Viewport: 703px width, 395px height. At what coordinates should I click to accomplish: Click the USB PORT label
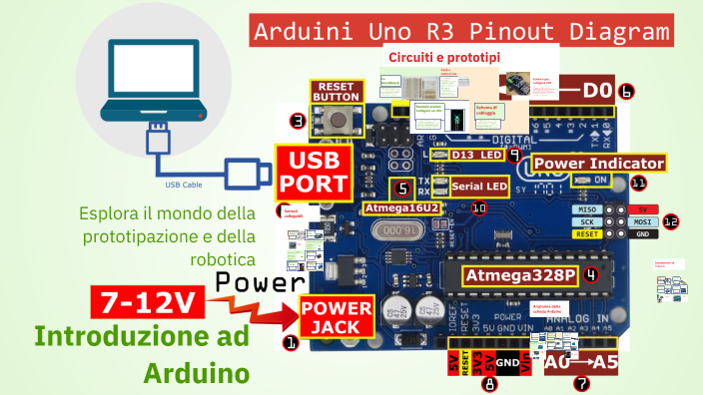[314, 172]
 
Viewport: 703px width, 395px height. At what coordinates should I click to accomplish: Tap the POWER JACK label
[337, 318]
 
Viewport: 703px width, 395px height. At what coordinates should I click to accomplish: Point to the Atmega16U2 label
[399, 207]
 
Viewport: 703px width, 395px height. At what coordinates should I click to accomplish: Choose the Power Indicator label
[598, 163]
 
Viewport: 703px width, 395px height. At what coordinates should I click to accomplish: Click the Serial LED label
[479, 187]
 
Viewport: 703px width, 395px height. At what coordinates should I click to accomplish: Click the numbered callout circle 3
[298, 122]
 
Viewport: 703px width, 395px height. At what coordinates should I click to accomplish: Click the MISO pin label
[586, 210]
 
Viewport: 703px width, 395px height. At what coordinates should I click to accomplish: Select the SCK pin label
[586, 221]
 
